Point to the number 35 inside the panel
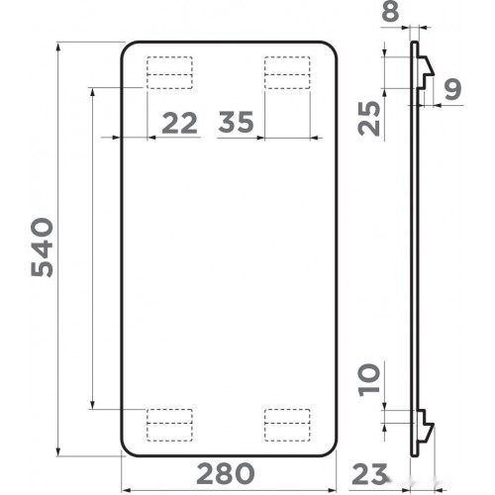pos(238,123)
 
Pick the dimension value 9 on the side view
pos(452,91)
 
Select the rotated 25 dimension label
pos(369,117)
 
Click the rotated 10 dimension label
pos(369,379)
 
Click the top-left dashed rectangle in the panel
pos(169,72)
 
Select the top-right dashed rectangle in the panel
pos(288,72)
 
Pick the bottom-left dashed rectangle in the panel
pos(169,423)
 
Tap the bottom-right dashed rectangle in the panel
pos(288,423)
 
